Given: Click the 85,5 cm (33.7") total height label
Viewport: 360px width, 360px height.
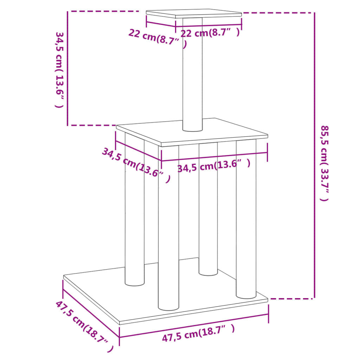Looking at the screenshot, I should [324, 163].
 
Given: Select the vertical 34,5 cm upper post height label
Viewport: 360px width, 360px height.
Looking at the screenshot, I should [60, 70].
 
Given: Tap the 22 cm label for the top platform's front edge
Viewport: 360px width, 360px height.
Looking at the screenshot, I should [210, 33].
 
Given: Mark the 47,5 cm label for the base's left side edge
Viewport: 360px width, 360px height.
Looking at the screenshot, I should [84, 326].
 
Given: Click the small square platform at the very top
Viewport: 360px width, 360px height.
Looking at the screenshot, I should [194, 14].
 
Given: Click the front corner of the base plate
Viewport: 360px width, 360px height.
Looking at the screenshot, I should [120, 323].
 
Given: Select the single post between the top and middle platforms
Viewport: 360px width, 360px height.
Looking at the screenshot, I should [193, 77].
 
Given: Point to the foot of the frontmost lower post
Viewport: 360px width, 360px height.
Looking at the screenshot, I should [168, 307].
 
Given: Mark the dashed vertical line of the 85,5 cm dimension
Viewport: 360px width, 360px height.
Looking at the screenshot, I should [314, 155].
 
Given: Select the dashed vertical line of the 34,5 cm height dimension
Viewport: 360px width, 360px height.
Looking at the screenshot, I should [67, 69].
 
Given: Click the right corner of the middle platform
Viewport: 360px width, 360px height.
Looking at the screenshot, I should [267, 136].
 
